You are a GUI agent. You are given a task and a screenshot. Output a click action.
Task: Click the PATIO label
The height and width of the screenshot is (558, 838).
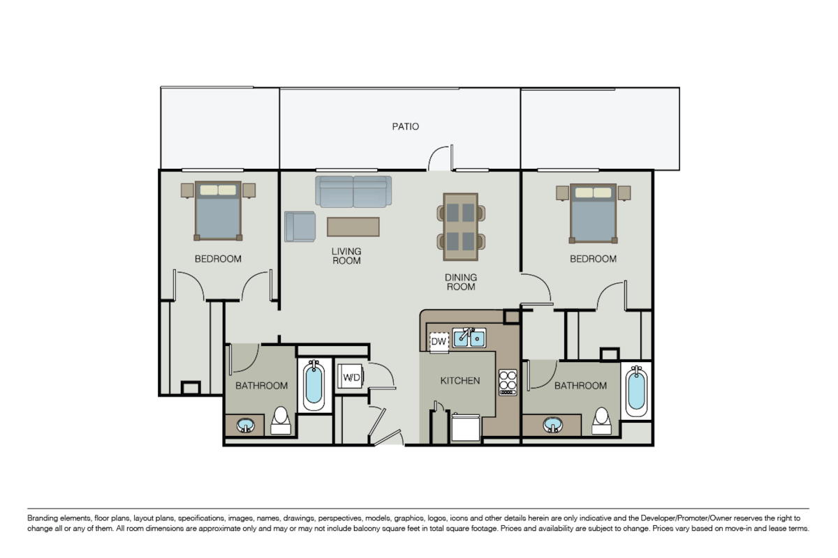click(405, 126)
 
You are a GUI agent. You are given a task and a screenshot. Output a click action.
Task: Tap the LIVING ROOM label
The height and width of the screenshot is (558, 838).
click(346, 256)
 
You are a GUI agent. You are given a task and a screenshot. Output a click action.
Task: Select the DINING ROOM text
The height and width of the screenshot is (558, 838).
click(460, 282)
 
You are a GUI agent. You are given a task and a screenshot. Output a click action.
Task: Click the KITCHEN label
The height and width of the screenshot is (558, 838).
click(460, 381)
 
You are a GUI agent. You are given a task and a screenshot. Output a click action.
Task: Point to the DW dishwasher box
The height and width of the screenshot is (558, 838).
click(439, 341)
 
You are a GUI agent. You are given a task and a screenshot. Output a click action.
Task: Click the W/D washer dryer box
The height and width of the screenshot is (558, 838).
click(351, 377)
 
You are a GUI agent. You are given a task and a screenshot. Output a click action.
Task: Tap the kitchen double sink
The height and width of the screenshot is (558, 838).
click(469, 338)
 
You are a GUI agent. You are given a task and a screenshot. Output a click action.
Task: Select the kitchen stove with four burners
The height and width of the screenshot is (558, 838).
click(508, 382)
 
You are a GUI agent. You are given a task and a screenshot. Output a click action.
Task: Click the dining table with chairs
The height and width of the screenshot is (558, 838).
click(461, 222)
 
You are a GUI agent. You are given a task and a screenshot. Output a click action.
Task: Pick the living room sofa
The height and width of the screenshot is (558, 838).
click(353, 191)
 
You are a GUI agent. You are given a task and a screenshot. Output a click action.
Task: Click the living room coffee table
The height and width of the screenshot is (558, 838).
click(353, 227)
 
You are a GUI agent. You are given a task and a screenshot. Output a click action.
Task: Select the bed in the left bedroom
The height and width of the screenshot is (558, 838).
click(218, 210)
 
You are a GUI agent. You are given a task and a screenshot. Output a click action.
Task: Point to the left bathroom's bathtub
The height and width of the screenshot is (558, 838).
click(314, 385)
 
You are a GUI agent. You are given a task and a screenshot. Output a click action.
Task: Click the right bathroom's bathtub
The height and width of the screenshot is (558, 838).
click(635, 390)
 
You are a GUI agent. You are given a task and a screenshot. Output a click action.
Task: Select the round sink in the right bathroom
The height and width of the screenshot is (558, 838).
click(552, 424)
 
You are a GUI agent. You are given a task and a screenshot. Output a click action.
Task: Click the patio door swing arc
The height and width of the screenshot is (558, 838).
click(439, 158)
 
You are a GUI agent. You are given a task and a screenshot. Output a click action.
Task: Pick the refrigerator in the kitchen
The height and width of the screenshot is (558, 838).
click(466, 428)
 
